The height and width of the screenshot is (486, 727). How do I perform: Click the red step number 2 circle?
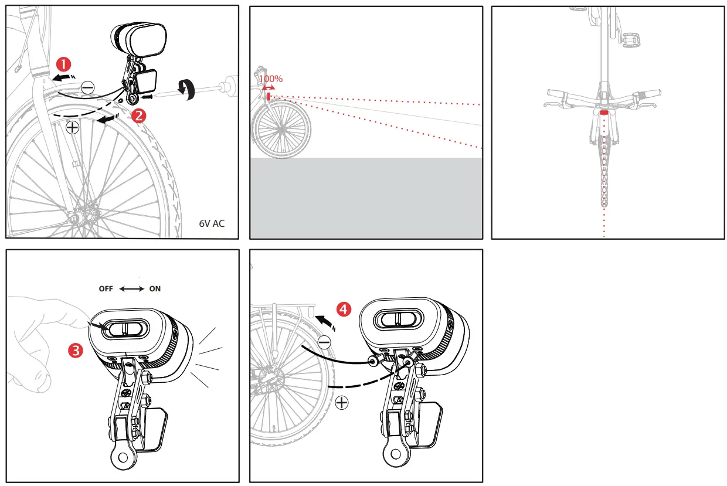[139, 115]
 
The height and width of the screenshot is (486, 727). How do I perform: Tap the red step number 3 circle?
[74, 351]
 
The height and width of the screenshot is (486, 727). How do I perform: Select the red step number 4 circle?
[344, 310]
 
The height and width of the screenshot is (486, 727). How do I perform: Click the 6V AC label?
[212, 224]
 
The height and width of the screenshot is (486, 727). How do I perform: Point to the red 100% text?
[271, 79]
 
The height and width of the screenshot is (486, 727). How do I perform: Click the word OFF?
[107, 289]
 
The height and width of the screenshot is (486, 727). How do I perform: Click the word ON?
[155, 289]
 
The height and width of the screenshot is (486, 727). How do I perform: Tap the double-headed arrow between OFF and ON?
[131, 289]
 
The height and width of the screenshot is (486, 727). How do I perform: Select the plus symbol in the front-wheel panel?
[73, 128]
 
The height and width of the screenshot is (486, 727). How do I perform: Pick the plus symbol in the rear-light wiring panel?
[341, 403]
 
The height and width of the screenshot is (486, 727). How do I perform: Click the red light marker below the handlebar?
[604, 111]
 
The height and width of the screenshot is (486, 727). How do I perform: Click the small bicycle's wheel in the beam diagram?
[281, 130]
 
